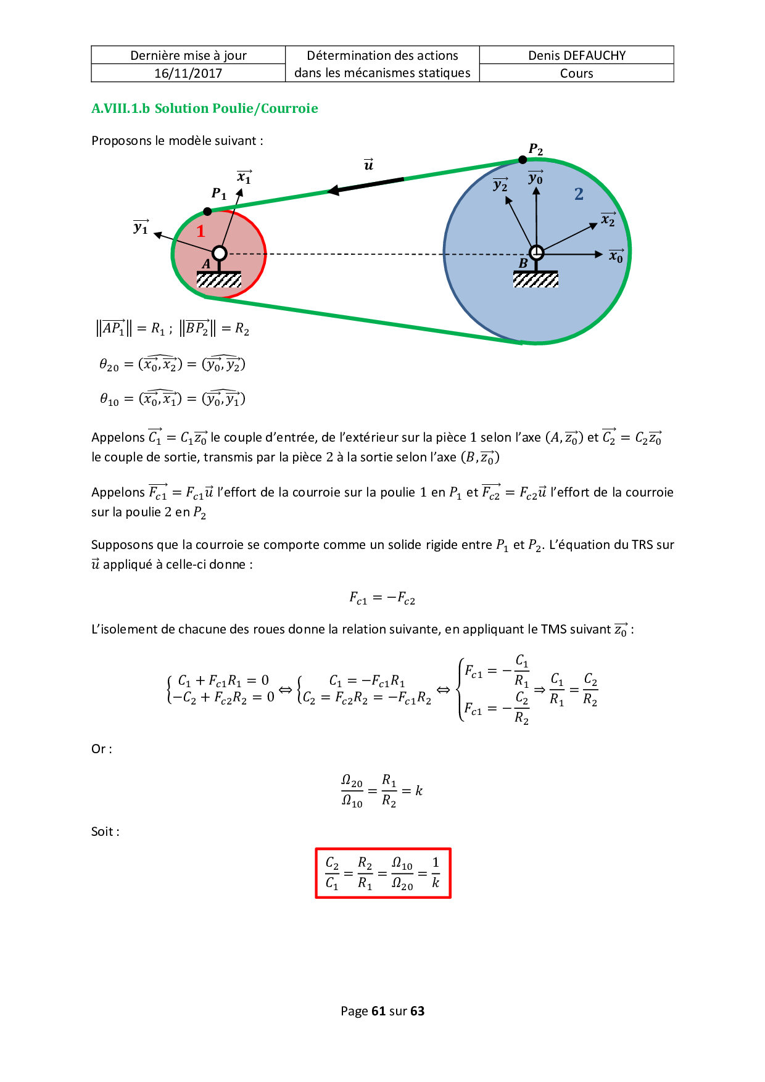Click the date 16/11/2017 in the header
pyautogui.click(x=188, y=73)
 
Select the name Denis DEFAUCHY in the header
pyautogui.click(x=577, y=56)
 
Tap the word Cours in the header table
pyautogui.click(x=577, y=73)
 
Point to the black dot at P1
pyautogui.click(x=208, y=212)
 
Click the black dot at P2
pyautogui.click(x=523, y=160)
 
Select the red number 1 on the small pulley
pyautogui.click(x=201, y=231)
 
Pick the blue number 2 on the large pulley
pyautogui.click(x=579, y=194)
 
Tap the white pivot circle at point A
pyautogui.click(x=220, y=253)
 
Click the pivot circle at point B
pyautogui.click(x=536, y=252)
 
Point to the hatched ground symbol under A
pyautogui.click(x=219, y=279)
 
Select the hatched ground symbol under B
pyautogui.click(x=535, y=279)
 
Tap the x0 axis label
pyautogui.click(x=616, y=256)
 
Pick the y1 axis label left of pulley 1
pyautogui.click(x=141, y=228)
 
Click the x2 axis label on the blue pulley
pyautogui.click(x=608, y=220)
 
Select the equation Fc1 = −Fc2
pyautogui.click(x=382, y=598)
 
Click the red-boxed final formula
pyautogui.click(x=383, y=873)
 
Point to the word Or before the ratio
pyautogui.click(x=99, y=749)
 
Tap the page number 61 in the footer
pyautogui.click(x=378, y=1011)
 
